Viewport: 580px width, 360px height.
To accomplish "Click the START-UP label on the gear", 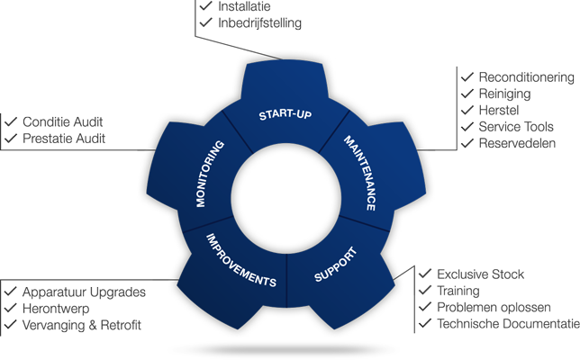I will click(x=285, y=115).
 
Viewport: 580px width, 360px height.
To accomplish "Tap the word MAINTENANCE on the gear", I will click(x=358, y=173).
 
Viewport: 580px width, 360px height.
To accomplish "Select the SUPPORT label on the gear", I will click(x=336, y=264).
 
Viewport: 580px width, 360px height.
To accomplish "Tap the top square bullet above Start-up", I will click(x=206, y=7).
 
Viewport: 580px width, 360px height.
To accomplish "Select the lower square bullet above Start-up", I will click(x=206, y=22).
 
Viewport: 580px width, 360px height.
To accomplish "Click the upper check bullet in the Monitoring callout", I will click(x=12, y=121).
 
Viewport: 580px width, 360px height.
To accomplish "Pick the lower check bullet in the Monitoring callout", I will click(x=12, y=138).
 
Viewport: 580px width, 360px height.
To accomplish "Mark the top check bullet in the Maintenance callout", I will click(x=467, y=76).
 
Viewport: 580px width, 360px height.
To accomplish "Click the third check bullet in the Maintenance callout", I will click(x=467, y=110).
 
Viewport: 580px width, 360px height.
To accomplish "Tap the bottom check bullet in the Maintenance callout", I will click(x=467, y=142).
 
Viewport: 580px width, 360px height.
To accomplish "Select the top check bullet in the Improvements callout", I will click(x=11, y=291).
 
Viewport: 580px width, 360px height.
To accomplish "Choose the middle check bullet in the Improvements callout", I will click(x=11, y=307).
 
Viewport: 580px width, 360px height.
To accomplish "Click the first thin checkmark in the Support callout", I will click(x=425, y=274).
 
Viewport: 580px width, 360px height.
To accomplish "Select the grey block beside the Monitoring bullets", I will click(x=63, y=130).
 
